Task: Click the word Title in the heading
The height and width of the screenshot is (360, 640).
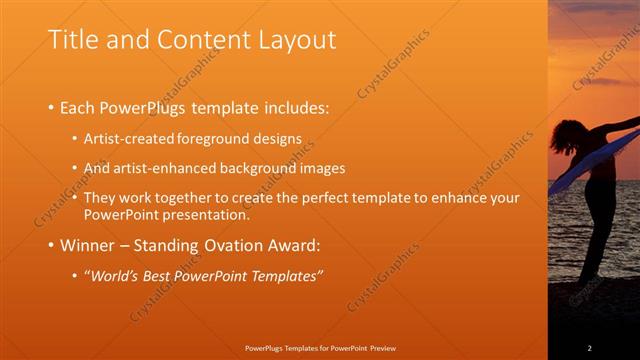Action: pyautogui.click(x=74, y=39)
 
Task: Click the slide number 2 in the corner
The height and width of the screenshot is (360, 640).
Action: pyautogui.click(x=589, y=348)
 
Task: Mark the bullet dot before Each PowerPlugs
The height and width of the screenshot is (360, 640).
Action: pyautogui.click(x=52, y=107)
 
